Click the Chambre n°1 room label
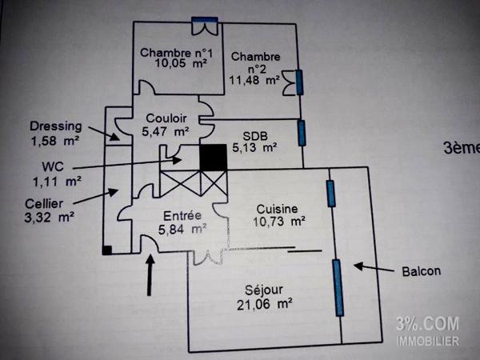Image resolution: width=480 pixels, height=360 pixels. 177,53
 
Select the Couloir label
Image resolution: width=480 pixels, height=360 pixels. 166,118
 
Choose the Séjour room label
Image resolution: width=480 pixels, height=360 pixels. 263,289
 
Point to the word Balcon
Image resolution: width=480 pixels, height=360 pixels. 421,271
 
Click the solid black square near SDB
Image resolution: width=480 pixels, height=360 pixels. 212,157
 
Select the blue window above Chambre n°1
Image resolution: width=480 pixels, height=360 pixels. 205,21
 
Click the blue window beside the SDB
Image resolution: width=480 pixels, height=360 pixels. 302,132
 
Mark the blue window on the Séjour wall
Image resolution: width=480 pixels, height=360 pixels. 338,286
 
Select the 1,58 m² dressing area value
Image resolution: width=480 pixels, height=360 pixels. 54,142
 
